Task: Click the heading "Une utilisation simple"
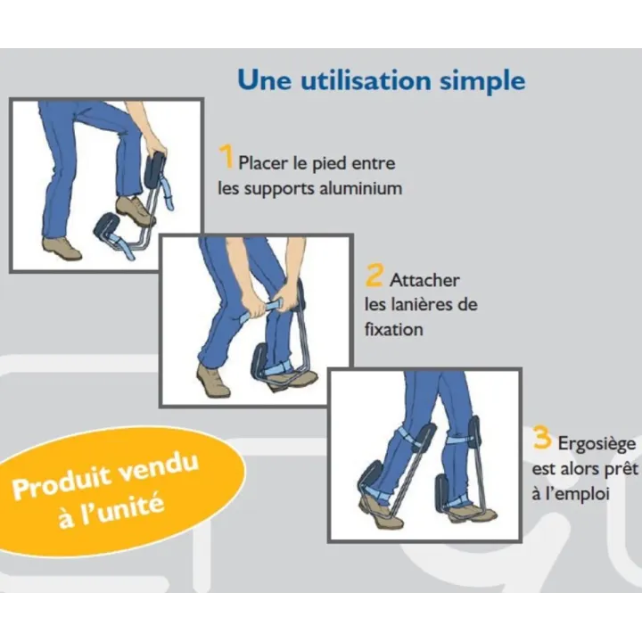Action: [382, 80]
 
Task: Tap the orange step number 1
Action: [226, 156]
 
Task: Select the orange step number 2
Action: [374, 276]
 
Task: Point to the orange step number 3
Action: [541, 437]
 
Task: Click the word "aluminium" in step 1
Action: [360, 188]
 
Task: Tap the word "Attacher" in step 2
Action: [424, 281]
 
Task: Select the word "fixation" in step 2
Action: [393, 329]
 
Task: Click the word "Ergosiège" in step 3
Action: [597, 444]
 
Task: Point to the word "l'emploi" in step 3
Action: [571, 494]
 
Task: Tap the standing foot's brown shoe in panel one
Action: [62, 248]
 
